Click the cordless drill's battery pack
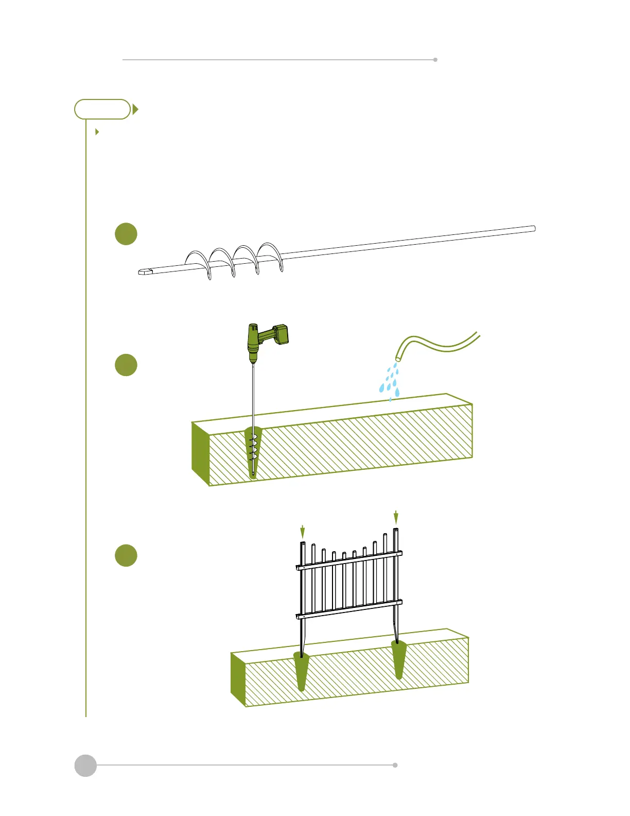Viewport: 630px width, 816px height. click(280, 334)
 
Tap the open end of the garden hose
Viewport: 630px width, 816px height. click(399, 356)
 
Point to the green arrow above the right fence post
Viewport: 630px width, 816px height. click(396, 517)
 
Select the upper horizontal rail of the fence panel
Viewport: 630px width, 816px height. click(349, 560)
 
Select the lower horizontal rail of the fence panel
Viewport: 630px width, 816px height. click(349, 608)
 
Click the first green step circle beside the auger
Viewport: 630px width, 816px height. click(126, 234)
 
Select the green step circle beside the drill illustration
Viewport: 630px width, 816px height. click(126, 365)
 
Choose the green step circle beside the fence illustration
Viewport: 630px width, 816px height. click(126, 555)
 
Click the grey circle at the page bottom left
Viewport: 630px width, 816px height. click(85, 765)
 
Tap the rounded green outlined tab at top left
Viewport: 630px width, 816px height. click(102, 109)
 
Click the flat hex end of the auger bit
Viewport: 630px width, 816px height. click(146, 271)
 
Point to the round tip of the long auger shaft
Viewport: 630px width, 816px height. click(533, 229)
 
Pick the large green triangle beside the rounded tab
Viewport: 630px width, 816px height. click(135, 109)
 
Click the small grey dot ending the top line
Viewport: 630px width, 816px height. click(435, 60)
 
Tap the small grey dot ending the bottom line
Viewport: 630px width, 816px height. click(395, 765)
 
